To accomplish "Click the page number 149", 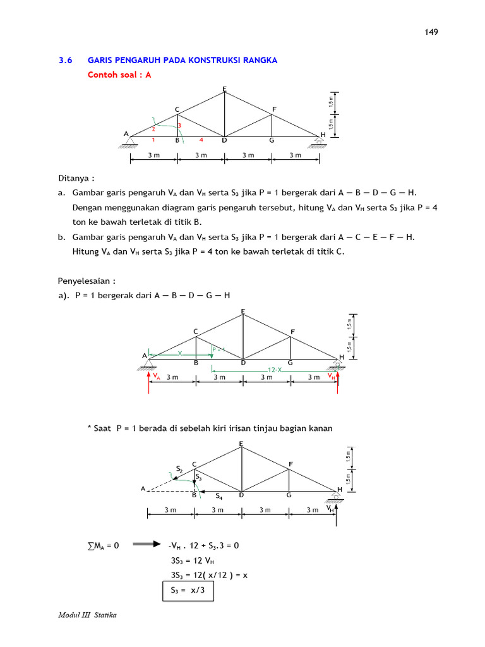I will click(x=432, y=32).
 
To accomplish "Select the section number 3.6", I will click(x=66, y=61).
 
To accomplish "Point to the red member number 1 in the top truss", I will click(x=153, y=140).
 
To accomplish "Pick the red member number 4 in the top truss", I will click(x=201, y=140).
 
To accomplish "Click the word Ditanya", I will click(x=78, y=178).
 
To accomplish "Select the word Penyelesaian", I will click(x=86, y=280).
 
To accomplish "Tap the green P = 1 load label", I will click(x=219, y=349).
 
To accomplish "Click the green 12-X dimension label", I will click(x=275, y=368).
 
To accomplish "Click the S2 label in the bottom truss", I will click(x=179, y=469).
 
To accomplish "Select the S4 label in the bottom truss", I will click(x=219, y=497).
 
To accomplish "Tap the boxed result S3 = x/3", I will click(x=188, y=591).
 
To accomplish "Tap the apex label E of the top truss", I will click(x=224, y=88).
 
